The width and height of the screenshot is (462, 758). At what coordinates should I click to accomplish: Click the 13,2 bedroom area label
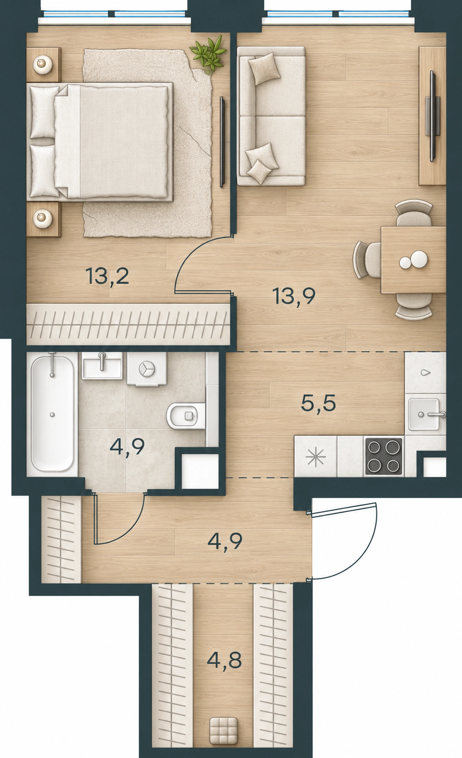coord(107,276)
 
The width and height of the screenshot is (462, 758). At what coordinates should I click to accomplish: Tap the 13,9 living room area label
coord(294,296)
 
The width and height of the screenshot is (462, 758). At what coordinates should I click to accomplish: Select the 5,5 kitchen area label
coord(318,403)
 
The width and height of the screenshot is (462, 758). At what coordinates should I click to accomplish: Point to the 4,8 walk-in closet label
coord(224,660)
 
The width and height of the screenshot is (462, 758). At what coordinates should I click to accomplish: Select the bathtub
coord(52,414)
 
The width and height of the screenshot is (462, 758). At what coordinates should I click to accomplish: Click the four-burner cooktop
coord(384,456)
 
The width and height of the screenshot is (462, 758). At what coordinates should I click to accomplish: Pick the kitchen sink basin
coord(424,414)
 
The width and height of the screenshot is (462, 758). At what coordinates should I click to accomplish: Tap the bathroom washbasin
coord(102,366)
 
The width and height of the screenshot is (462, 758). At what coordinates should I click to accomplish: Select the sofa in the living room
coord(271,116)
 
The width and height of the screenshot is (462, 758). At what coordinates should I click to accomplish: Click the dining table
coord(413,260)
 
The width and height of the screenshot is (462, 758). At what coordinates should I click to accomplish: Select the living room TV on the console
coord(433,116)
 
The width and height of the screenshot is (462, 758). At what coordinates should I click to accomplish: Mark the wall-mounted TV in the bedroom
coord(222,142)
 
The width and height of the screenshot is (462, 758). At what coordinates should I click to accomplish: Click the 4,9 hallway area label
coord(225,542)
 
